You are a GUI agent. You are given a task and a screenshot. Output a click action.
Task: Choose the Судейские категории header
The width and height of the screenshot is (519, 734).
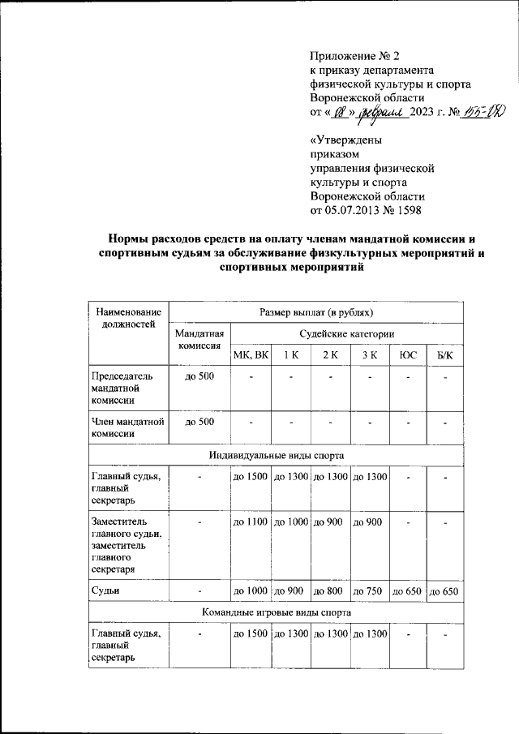tap(346, 333)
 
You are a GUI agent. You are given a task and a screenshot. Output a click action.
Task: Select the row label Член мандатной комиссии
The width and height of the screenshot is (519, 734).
tap(125, 427)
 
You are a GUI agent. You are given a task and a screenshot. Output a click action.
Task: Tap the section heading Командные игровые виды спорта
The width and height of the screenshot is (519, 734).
tap(275, 612)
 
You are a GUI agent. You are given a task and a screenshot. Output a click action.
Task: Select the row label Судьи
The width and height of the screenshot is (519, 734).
tap(107, 591)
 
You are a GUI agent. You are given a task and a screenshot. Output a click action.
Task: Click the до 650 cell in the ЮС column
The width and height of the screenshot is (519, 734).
tap(407, 591)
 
